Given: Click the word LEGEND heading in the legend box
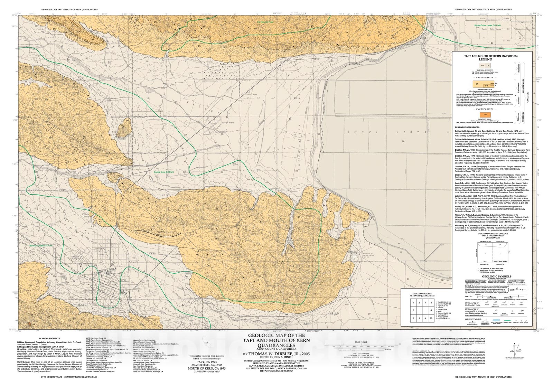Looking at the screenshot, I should click(x=485, y=59).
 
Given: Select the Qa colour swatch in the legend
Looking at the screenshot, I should click(x=482, y=65).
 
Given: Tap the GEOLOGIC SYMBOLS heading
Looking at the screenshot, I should click(x=496, y=276).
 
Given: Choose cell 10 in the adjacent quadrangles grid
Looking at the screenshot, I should click(x=431, y=318).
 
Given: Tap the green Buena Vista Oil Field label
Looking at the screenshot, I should click(x=164, y=172).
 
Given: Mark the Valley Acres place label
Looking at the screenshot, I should click(x=228, y=123).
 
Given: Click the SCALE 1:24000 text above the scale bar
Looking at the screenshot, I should click(x=359, y=342).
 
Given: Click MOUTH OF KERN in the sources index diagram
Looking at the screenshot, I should click(x=500, y=262).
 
